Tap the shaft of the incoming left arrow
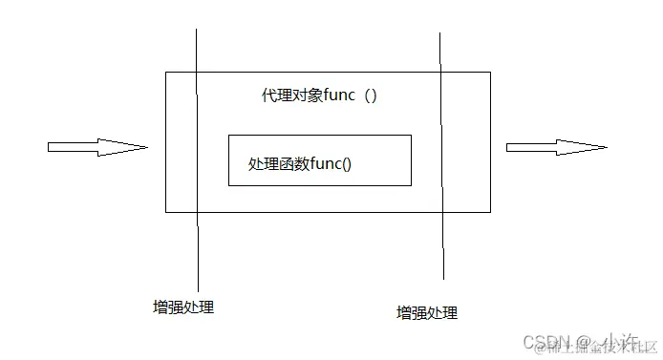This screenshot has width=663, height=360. (73, 147)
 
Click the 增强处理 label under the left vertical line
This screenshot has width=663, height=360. (183, 307)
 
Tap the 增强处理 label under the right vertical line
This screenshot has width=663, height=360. (427, 312)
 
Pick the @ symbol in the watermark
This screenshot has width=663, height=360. (580, 342)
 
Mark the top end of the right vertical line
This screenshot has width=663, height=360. (439, 33)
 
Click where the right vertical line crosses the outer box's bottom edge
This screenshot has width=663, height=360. (441, 212)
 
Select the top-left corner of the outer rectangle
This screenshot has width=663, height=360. (165, 72)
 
